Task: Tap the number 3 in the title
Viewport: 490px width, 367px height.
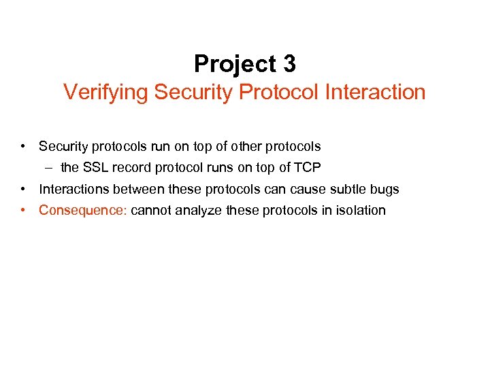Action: (x=289, y=64)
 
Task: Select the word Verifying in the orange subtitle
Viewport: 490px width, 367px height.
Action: (x=106, y=92)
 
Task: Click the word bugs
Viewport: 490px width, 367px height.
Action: (x=384, y=190)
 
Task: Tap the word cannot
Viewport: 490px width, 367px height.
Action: (x=150, y=210)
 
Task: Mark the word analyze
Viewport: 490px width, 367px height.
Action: (x=198, y=210)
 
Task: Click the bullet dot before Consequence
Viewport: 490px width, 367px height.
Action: (x=24, y=210)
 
